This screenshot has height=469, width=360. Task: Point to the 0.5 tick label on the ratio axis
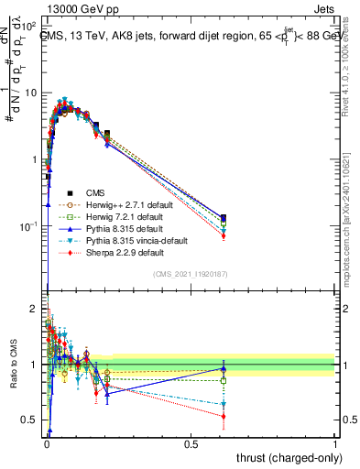pos(29,420)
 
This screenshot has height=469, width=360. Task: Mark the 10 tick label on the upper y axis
pos(30,93)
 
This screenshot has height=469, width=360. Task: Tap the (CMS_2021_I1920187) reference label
pos(191,274)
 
